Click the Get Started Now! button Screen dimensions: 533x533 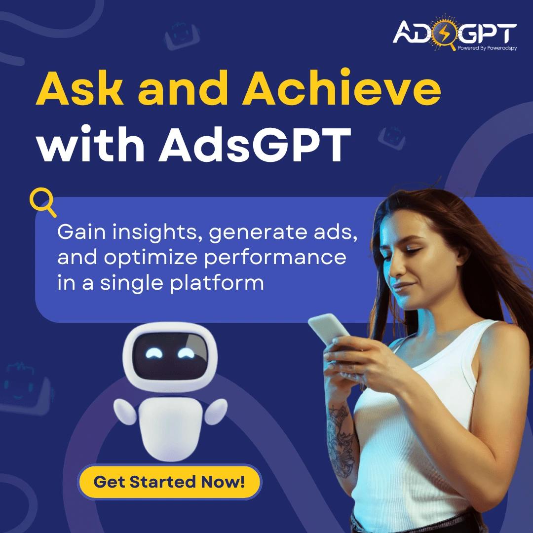(x=170, y=482)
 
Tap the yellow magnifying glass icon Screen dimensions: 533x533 (x=42, y=201)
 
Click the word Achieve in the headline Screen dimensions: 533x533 (x=341, y=88)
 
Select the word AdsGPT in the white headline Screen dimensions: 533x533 (x=255, y=144)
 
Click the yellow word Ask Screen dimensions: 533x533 (x=80, y=88)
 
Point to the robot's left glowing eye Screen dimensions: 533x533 (x=154, y=353)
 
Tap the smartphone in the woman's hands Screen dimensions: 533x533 (x=329, y=329)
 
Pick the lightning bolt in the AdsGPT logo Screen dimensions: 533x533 (x=445, y=33)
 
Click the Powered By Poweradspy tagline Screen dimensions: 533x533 (x=487, y=48)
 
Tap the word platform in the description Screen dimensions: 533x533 (x=217, y=283)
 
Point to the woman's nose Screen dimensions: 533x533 (x=394, y=268)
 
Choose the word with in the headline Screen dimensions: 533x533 (x=91, y=144)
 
